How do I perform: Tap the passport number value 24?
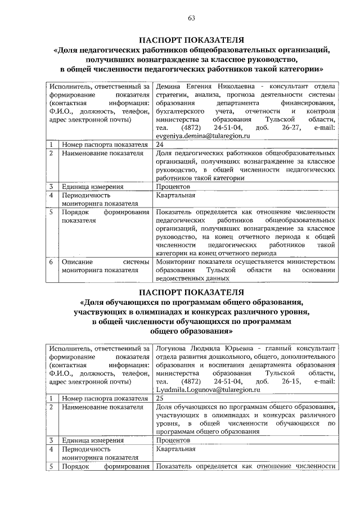click(160, 145)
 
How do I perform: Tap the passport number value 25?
click(160, 398)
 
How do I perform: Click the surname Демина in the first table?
click(169, 86)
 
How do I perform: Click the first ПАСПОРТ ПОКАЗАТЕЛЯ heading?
click(191, 39)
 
